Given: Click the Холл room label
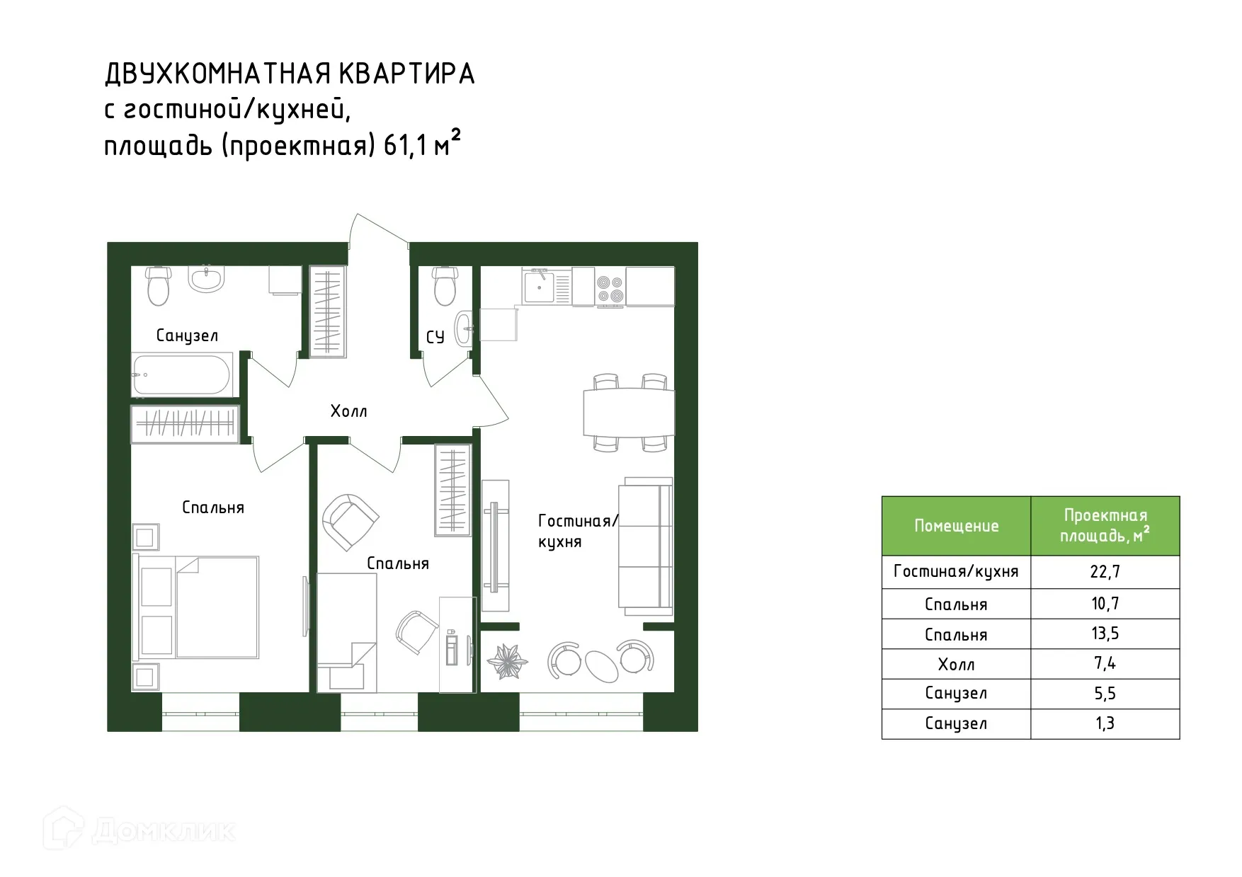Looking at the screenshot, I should (348, 411).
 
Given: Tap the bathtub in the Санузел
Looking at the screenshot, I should (182, 375).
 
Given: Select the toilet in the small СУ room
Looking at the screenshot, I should (444, 286).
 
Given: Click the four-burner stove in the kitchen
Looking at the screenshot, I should (610, 287).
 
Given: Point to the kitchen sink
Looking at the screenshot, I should (541, 286).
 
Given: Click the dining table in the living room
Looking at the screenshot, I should (628, 412).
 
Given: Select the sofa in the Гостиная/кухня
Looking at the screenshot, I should (645, 546).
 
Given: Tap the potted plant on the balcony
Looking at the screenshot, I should (508, 660).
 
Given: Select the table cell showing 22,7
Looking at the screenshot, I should (1105, 572).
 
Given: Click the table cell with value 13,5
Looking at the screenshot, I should (1105, 634).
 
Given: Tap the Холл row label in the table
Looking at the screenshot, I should (956, 665).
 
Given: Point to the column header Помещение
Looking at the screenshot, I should (956, 526).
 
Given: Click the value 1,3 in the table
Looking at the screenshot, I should (1105, 723).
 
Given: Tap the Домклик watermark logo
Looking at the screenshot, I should (139, 830).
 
